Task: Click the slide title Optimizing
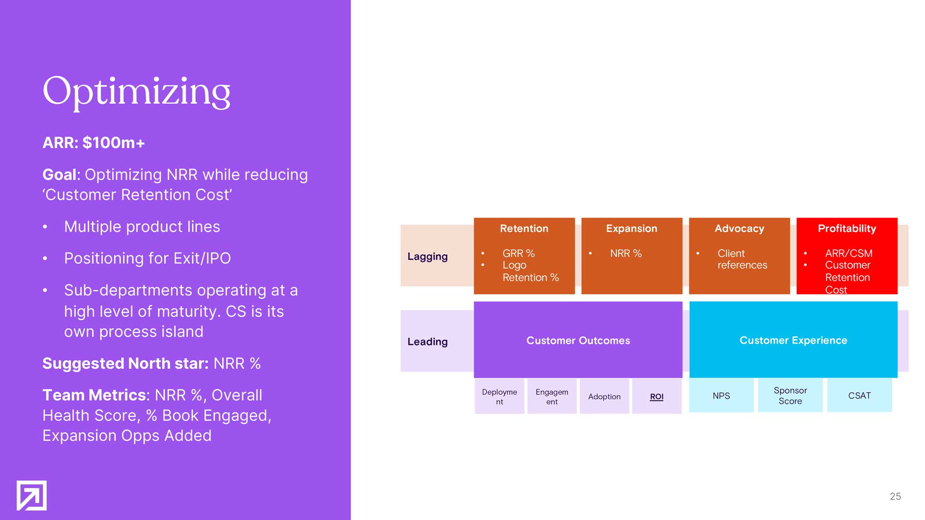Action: click(x=136, y=91)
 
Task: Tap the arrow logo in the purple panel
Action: click(x=32, y=495)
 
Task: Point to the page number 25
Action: click(x=895, y=497)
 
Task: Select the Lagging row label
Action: click(x=427, y=256)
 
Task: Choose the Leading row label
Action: click(x=427, y=342)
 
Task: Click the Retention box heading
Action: click(x=524, y=228)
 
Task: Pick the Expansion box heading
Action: click(x=631, y=228)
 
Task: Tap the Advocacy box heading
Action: click(x=739, y=228)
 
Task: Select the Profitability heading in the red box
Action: click(x=847, y=228)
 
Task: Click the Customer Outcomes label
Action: click(x=578, y=340)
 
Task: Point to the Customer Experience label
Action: click(x=793, y=340)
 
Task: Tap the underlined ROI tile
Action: click(x=657, y=396)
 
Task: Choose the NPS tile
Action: click(x=721, y=395)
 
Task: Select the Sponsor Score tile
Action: click(x=790, y=395)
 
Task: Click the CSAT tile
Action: click(x=859, y=395)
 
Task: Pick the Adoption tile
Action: click(x=604, y=396)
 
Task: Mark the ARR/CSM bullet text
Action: click(x=849, y=253)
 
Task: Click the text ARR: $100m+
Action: click(x=93, y=143)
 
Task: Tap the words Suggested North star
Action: click(x=125, y=363)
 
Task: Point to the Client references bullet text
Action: click(x=742, y=259)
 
